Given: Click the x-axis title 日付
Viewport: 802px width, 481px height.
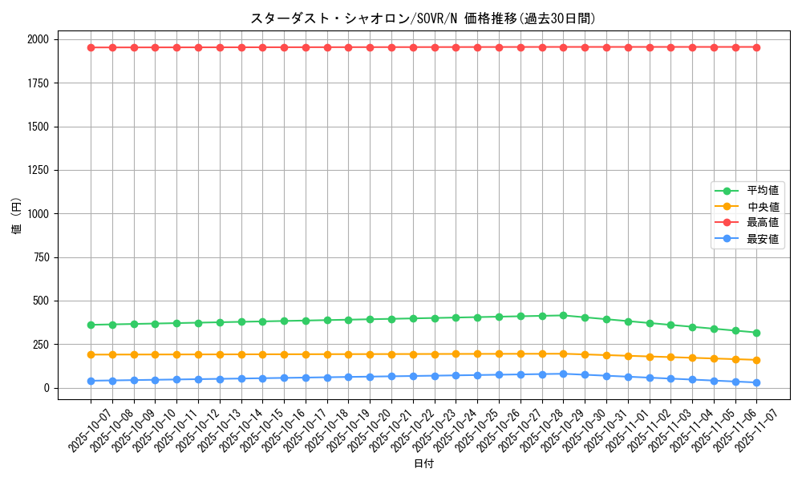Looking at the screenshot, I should pyautogui.click(x=423, y=464).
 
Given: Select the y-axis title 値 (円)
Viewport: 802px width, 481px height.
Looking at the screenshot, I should pyautogui.click(x=17, y=216).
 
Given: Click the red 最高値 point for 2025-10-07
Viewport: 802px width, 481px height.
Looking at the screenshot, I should pyautogui.click(x=91, y=47).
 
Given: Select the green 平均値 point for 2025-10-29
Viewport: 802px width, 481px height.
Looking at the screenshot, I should pyautogui.click(x=563, y=316).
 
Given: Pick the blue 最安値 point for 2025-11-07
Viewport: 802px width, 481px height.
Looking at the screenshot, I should pyautogui.click(x=756, y=382).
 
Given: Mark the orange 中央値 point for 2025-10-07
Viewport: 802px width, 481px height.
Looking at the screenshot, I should pyautogui.click(x=91, y=354).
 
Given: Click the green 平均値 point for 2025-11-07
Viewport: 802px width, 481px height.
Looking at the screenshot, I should pyautogui.click(x=756, y=333).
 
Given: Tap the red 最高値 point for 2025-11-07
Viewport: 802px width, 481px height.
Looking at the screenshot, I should pyautogui.click(x=756, y=47).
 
